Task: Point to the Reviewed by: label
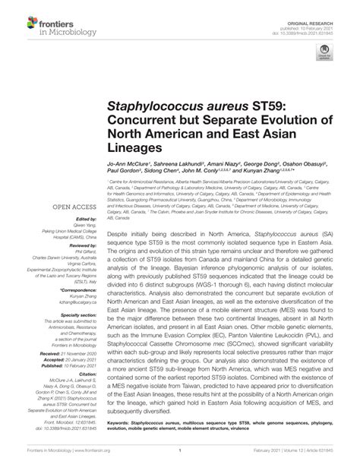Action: click(82, 246)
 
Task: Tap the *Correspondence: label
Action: click(80, 290)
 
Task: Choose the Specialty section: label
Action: click(77, 315)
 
